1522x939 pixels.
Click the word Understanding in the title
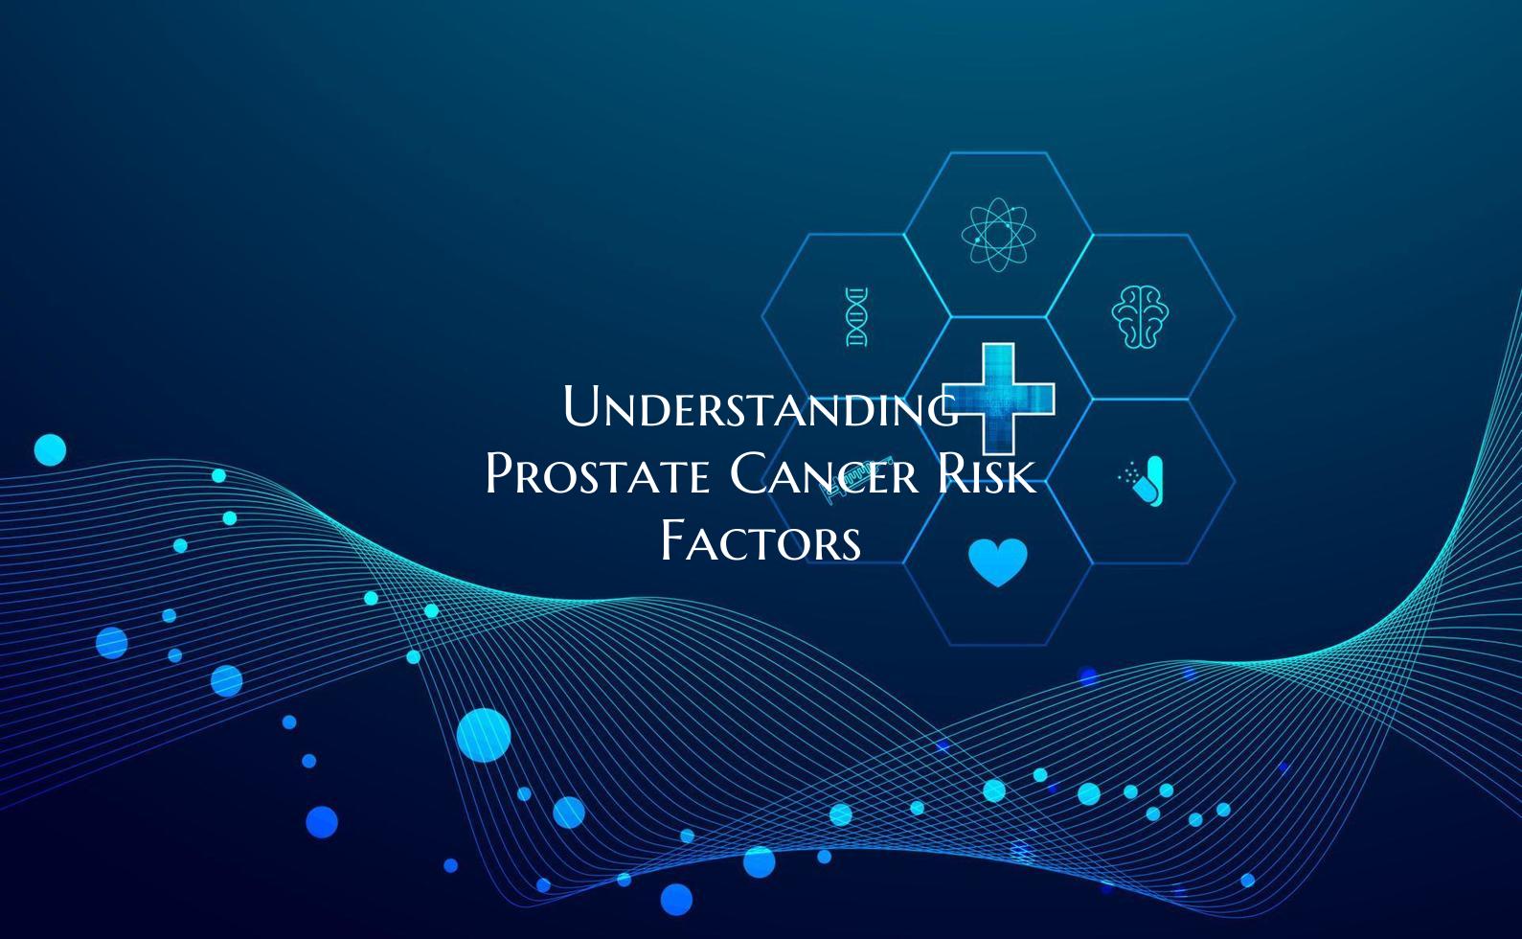pos(760,407)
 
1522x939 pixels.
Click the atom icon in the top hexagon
pos(998,234)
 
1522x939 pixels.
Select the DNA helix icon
pos(856,317)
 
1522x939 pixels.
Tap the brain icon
pos(1140,317)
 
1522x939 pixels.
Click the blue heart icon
pos(998,561)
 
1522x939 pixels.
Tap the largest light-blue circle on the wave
pos(483,736)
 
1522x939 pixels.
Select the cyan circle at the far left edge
pos(50,449)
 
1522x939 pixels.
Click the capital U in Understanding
pos(582,406)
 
